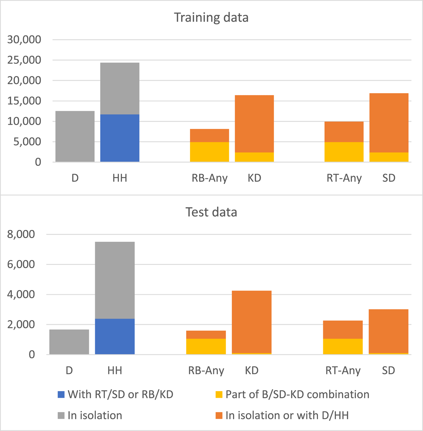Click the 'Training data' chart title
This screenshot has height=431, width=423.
tap(211, 18)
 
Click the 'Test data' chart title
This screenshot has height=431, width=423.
tap(211, 212)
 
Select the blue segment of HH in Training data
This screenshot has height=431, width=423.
tap(120, 138)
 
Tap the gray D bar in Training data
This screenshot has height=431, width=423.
tap(75, 136)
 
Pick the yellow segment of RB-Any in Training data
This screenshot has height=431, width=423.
tap(209, 152)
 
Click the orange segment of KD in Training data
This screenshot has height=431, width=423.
tap(254, 124)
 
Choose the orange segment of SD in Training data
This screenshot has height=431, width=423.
tap(389, 123)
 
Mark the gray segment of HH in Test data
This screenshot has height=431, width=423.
tap(115, 280)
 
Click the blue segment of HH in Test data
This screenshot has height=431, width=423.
tap(115, 336)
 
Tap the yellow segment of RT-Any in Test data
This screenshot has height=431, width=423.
tap(343, 346)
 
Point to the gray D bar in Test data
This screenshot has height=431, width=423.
tap(69, 342)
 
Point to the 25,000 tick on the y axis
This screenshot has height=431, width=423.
tap(24, 60)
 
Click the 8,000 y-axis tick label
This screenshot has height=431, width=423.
tap(21, 234)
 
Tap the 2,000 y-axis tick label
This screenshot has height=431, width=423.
tap(21, 324)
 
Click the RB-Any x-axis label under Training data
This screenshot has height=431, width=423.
tap(209, 178)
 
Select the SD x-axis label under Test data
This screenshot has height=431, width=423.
tap(388, 371)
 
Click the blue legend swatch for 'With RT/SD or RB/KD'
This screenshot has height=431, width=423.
tap(61, 395)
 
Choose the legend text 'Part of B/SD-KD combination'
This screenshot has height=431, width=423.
tap(297, 394)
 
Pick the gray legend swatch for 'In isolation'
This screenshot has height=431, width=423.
tap(61, 415)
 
